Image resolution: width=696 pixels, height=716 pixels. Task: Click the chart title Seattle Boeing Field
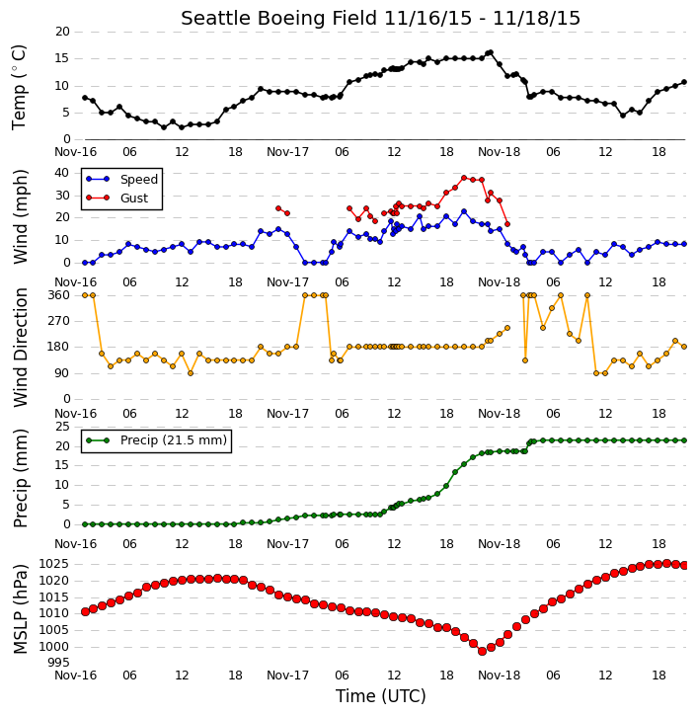[278, 18]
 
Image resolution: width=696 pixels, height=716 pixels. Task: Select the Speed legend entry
[121, 180]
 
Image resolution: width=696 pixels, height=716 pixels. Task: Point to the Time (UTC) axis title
[381, 696]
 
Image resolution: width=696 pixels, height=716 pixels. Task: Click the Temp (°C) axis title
[20, 87]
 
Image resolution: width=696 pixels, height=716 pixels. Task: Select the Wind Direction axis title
[21, 348]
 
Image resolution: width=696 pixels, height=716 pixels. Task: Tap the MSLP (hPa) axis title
[21, 609]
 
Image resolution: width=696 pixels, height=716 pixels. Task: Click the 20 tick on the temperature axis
[62, 32]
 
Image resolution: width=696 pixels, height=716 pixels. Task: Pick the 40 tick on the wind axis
[61, 173]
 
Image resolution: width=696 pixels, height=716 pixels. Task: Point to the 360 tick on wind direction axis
[59, 295]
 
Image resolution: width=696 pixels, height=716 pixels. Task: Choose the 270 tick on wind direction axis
[59, 321]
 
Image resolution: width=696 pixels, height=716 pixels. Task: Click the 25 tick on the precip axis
[62, 427]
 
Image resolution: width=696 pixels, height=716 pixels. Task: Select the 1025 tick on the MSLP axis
[54, 564]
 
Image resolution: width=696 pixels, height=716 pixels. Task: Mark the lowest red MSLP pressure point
[482, 652]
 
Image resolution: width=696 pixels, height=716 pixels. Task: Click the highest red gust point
[464, 178]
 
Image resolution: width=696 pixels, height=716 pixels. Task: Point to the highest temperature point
[491, 52]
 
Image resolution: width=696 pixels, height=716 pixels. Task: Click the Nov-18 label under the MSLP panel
[499, 676]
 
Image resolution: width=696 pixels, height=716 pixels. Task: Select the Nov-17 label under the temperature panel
[287, 152]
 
